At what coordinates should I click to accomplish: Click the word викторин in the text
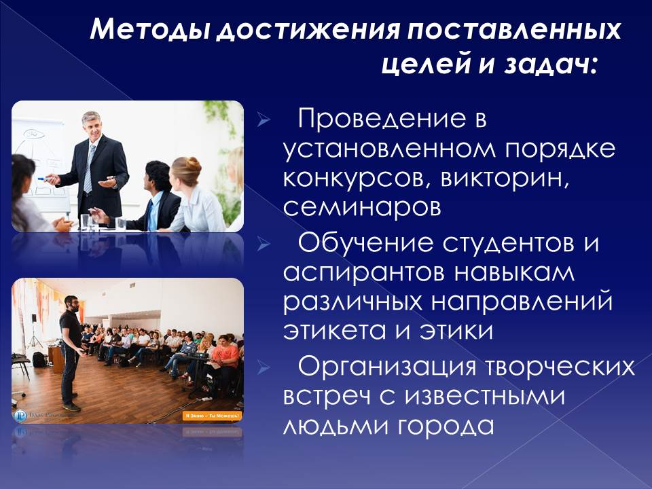(504, 178)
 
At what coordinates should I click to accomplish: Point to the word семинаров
(362, 207)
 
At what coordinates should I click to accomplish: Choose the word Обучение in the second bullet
(365, 243)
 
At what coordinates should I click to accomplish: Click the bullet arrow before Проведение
(264, 120)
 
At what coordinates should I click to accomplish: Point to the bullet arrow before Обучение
(264, 244)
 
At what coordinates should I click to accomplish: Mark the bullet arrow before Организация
(264, 367)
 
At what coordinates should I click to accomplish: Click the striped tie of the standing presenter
(88, 168)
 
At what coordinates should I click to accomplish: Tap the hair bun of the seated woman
(193, 163)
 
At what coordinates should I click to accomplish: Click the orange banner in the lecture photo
(212, 416)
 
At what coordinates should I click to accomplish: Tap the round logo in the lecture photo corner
(20, 416)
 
